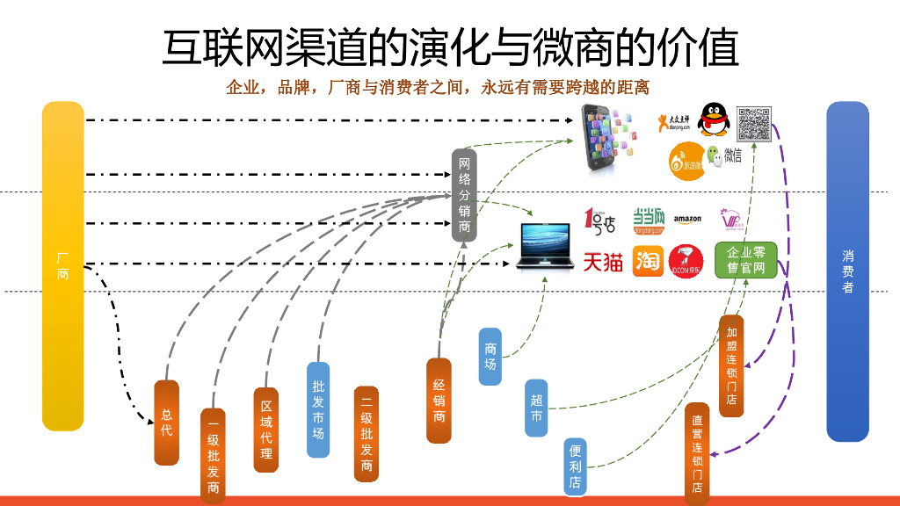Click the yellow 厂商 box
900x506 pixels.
click(62, 266)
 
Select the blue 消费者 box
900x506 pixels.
click(847, 271)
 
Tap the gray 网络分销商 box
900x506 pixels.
click(465, 195)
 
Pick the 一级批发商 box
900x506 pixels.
click(213, 456)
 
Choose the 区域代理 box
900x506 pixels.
click(265, 430)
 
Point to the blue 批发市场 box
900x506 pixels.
click(318, 409)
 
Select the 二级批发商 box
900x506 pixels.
click(367, 434)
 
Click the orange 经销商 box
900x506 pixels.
click(439, 400)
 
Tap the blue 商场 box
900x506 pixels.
click(490, 357)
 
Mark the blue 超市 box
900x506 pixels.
click(536, 408)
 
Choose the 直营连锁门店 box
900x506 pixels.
click(697, 453)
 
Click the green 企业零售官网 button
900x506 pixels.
click(746, 260)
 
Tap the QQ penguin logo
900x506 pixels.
click(713, 120)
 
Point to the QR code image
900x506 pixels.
click(753, 124)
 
